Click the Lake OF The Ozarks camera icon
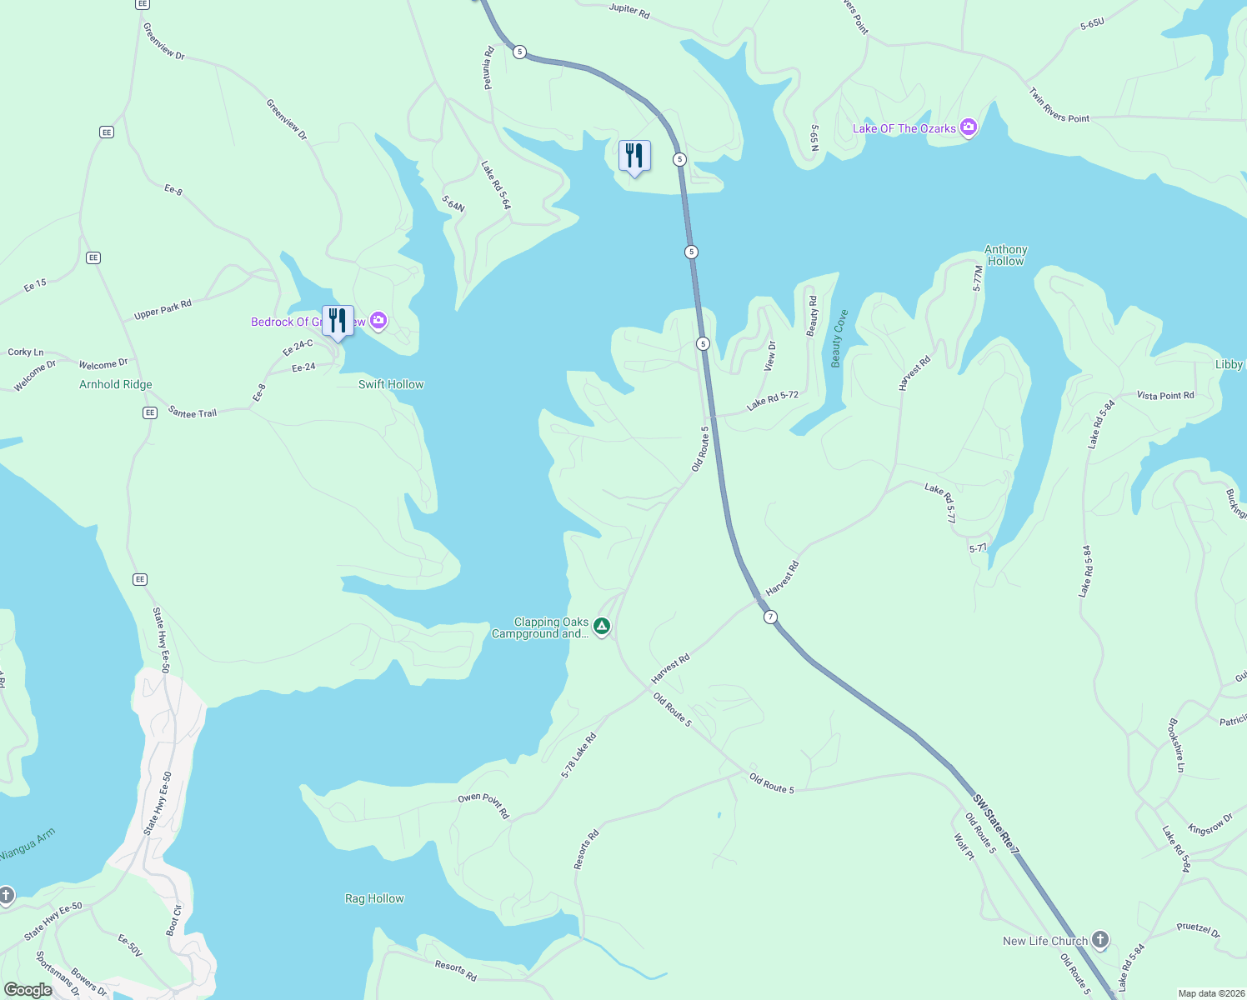[968, 127]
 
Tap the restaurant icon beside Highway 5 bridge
[634, 156]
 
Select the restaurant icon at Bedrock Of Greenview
[338, 321]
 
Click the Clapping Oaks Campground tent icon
[602, 627]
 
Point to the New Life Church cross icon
[1100, 941]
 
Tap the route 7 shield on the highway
[770, 617]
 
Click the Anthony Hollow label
[1005, 255]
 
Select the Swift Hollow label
[391, 384]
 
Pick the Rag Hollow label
[374, 898]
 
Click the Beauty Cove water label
[839, 338]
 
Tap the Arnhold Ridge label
[116, 384]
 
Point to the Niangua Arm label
[28, 844]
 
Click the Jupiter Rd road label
[629, 10]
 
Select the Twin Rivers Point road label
[1059, 106]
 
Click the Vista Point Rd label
[1165, 395]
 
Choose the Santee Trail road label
[193, 412]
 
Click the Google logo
[28, 989]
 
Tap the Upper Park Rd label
[163, 309]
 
